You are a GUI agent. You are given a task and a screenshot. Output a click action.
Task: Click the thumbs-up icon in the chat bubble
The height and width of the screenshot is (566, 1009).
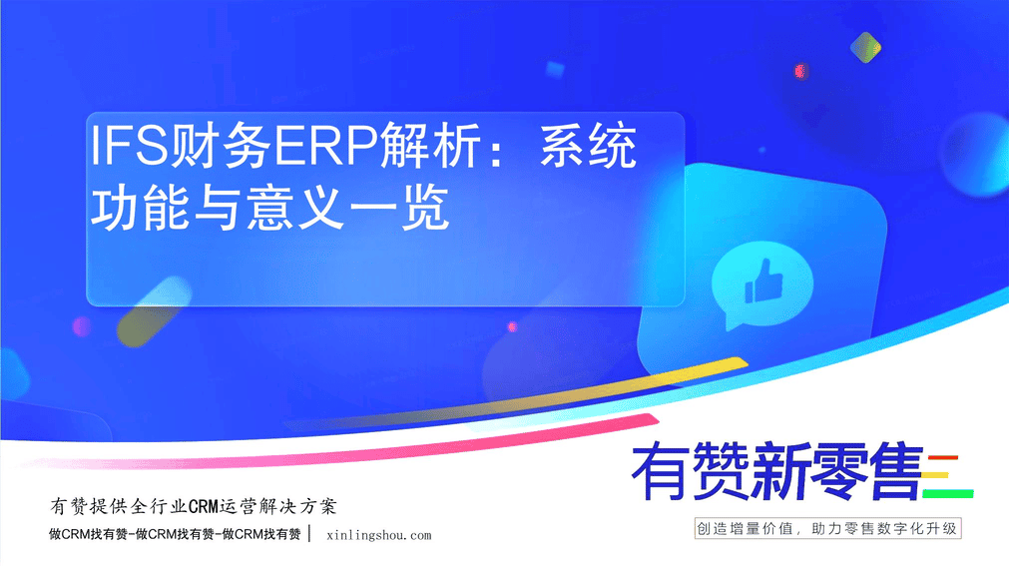(763, 282)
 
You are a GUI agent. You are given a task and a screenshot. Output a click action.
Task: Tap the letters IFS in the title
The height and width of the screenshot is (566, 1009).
(129, 146)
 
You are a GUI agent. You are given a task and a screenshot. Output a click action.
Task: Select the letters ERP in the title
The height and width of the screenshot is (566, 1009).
(325, 146)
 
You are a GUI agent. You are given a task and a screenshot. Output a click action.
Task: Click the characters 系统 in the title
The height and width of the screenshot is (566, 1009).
(588, 146)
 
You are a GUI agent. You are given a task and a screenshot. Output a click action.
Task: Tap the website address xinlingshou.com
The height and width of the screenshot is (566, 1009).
(379, 535)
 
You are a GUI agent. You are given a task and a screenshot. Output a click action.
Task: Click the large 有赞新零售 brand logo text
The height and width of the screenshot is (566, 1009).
(777, 472)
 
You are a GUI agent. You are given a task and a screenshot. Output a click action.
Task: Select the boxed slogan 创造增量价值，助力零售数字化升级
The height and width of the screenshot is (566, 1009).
(827, 529)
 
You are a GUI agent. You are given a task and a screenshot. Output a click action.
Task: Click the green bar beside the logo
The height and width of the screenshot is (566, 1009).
(948, 494)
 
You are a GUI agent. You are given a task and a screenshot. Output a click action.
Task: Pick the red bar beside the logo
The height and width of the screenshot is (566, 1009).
(943, 458)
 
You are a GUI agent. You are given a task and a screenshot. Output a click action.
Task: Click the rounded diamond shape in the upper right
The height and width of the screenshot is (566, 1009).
(865, 48)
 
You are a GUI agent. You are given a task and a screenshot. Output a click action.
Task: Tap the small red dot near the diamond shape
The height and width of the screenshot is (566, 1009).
(800, 71)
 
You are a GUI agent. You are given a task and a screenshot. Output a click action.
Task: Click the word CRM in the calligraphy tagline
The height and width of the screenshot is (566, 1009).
(204, 507)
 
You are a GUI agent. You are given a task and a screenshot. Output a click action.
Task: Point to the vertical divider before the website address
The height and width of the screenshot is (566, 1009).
(310, 533)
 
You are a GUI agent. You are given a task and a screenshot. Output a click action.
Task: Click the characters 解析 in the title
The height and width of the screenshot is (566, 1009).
(430, 146)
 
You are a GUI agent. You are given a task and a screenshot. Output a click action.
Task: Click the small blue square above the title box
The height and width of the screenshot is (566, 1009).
(555, 69)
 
